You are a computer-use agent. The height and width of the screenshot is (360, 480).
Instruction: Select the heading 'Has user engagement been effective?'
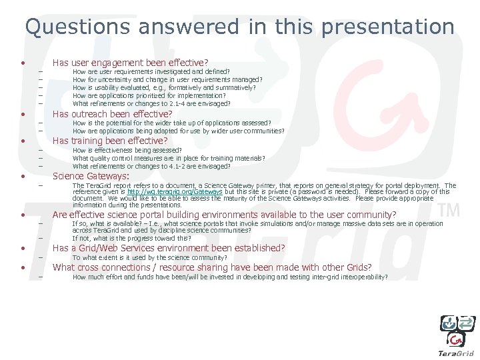131,61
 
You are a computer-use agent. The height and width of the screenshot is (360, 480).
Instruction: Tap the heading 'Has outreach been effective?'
113,114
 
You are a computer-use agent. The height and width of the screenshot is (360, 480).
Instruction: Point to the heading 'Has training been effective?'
110,141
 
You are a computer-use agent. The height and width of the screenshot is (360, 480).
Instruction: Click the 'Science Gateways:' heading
91,176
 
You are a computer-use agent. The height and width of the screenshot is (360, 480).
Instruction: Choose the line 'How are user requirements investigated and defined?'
151,71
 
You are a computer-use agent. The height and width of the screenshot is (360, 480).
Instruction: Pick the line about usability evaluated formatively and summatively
164,87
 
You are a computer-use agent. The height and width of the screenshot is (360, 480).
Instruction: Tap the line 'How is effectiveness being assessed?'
127,151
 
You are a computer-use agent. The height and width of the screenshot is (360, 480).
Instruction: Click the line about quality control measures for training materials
169,159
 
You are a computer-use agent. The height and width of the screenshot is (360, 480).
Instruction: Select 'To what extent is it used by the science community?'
150,257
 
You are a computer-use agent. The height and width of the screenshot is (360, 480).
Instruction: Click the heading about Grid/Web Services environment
169,248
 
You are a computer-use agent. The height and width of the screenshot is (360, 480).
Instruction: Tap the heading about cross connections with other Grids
212,267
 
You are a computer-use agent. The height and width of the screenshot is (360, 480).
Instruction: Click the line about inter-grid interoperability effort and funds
229,277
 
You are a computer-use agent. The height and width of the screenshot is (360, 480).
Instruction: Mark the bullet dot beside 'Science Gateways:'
23,177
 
